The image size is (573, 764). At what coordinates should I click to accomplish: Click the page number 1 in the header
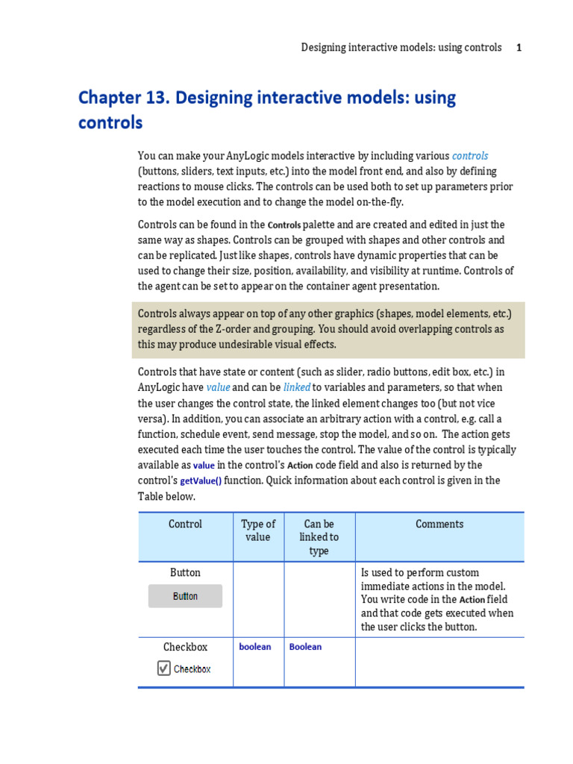click(x=519, y=48)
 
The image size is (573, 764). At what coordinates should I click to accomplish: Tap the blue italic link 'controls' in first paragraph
click(x=470, y=156)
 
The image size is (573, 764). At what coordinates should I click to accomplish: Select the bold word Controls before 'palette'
click(x=284, y=225)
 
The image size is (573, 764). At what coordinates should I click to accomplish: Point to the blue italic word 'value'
click(x=218, y=388)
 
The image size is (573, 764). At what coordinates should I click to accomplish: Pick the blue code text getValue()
click(x=201, y=481)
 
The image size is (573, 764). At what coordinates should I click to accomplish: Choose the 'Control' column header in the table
click(x=185, y=525)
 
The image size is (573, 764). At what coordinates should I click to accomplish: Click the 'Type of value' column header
click(x=258, y=530)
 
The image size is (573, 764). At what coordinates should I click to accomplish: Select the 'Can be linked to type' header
click(x=319, y=537)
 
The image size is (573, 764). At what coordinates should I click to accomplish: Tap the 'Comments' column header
click(x=439, y=525)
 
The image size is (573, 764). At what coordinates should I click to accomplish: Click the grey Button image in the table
click(x=185, y=596)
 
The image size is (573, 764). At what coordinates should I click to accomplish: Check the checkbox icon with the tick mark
click(x=164, y=668)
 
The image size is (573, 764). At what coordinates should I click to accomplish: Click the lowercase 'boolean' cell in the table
click(x=255, y=647)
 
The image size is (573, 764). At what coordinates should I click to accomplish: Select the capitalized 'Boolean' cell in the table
click(x=305, y=647)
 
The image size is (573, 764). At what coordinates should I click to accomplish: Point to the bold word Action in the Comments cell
click(x=472, y=600)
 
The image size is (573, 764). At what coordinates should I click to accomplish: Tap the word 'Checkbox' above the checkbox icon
click(x=185, y=647)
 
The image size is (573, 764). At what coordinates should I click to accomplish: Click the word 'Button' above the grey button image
click(x=185, y=572)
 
